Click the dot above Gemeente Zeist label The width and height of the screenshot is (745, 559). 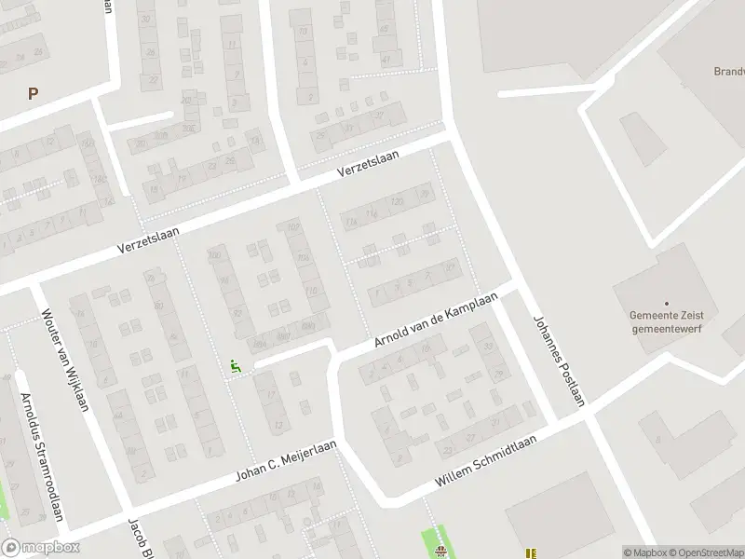(x=667, y=303)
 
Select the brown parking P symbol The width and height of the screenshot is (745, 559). (x=34, y=93)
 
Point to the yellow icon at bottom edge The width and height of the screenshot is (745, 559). (x=531, y=553)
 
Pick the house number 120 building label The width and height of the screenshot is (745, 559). (x=397, y=202)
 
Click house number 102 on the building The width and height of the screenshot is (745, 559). (x=294, y=227)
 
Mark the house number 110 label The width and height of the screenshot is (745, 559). (x=311, y=292)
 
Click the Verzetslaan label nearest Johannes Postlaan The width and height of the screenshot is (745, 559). (x=368, y=165)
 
